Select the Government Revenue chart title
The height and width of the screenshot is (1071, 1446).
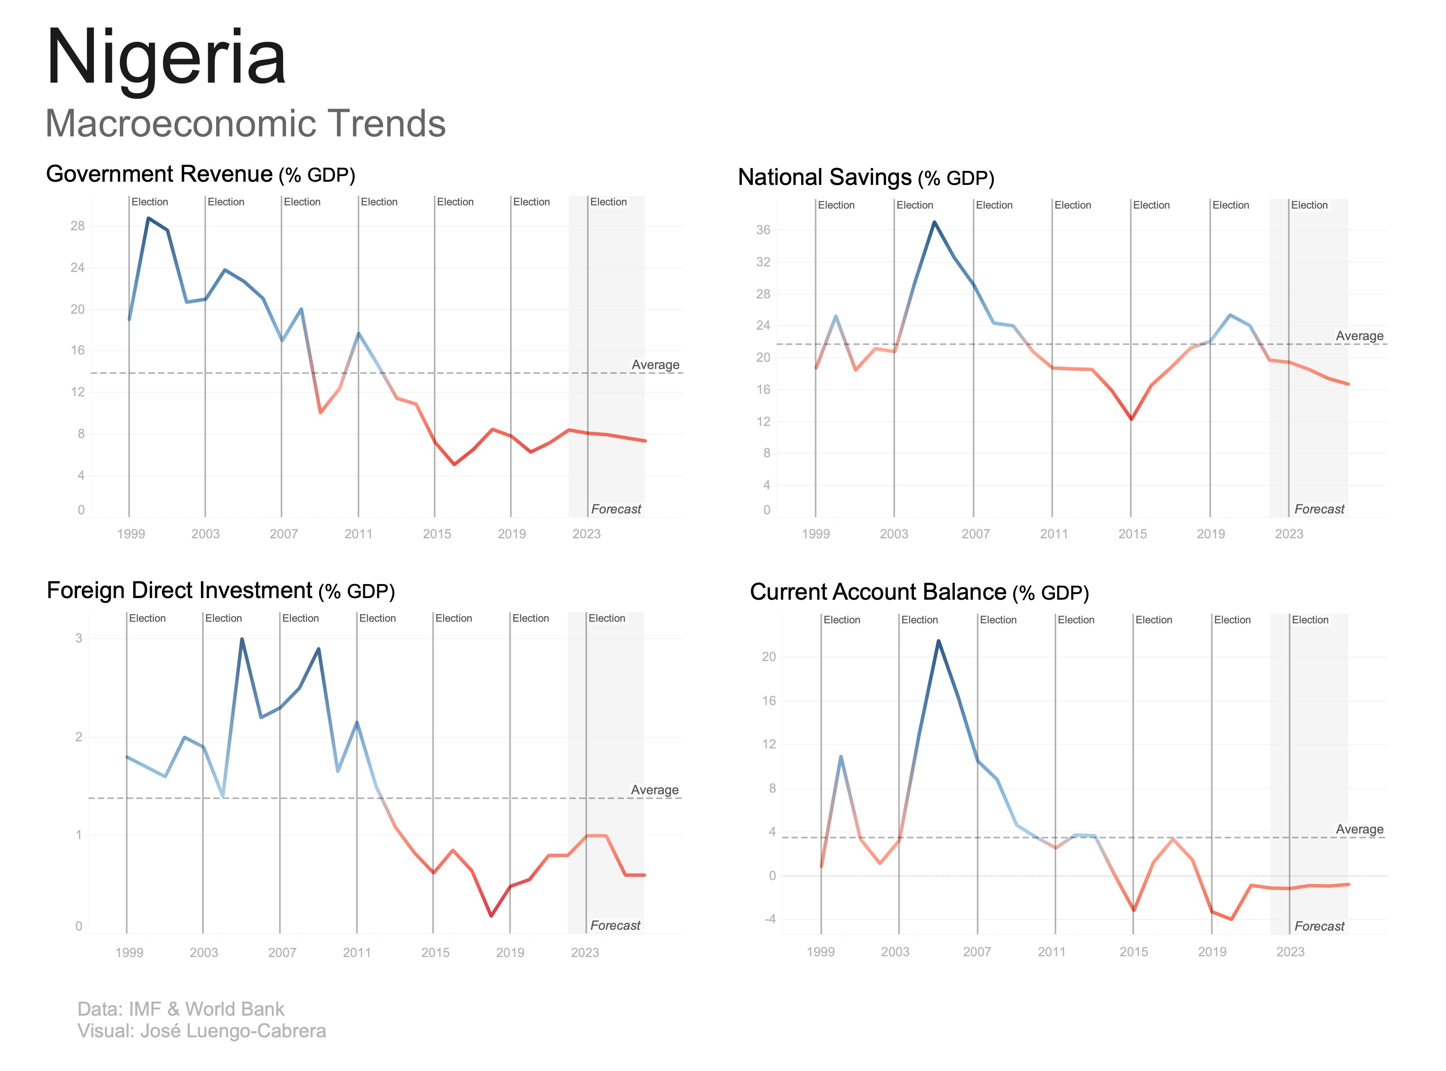point(200,174)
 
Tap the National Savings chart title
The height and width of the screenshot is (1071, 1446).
point(865,178)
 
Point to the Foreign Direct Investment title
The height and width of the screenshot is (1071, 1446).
point(221,590)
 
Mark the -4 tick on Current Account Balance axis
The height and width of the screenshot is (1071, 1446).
point(770,919)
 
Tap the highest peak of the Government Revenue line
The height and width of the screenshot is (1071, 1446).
point(148,219)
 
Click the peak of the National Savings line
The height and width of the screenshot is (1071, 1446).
point(934,222)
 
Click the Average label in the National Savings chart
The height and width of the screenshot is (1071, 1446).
point(1359,336)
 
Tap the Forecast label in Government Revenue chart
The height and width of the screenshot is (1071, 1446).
point(616,509)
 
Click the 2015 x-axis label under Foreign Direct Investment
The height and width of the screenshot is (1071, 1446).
point(435,952)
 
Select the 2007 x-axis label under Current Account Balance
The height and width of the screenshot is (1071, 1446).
point(977,952)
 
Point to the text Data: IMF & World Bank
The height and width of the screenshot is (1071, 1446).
point(181,1009)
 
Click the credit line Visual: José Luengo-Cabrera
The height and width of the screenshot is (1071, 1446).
point(202,1031)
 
